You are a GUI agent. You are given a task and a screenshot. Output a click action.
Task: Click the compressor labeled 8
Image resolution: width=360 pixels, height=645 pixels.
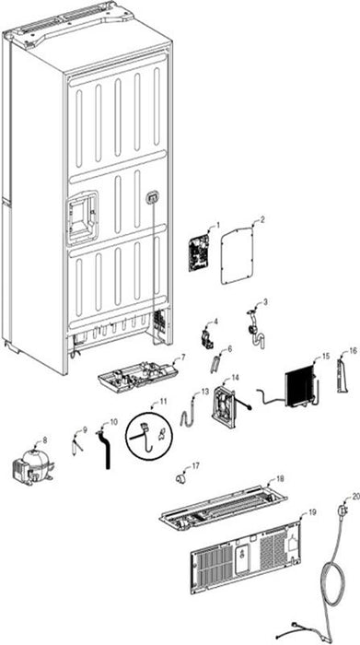[32, 464]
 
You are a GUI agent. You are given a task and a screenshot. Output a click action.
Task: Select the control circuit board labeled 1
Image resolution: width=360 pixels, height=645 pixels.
[199, 253]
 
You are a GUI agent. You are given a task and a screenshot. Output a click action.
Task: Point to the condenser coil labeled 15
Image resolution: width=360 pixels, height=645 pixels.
[302, 386]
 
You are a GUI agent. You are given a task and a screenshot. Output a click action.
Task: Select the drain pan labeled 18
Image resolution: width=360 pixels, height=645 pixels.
[223, 507]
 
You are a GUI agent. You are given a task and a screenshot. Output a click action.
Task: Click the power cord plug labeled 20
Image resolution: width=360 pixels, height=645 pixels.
[343, 512]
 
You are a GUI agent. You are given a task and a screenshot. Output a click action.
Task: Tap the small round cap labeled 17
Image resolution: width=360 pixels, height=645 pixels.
[180, 478]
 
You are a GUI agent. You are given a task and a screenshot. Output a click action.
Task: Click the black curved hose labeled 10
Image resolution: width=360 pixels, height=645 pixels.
[106, 450]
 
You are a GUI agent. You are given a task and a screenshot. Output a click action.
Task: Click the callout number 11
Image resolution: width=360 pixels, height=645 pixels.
[164, 402]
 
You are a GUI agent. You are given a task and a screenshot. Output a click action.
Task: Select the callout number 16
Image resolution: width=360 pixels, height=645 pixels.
[354, 350]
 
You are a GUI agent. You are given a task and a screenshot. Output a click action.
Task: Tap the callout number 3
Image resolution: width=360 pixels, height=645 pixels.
[265, 302]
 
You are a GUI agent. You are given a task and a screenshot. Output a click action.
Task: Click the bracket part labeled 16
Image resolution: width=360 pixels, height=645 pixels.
[343, 375]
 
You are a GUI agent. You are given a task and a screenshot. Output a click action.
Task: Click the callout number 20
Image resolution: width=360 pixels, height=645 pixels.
[356, 497]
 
